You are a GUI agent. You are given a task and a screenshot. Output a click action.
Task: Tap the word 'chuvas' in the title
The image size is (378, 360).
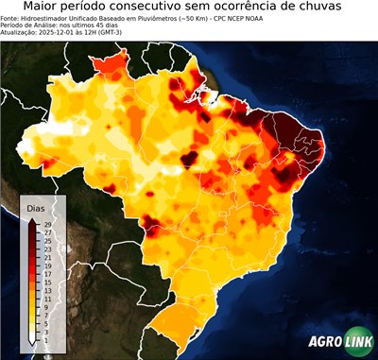(x=339, y=8)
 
